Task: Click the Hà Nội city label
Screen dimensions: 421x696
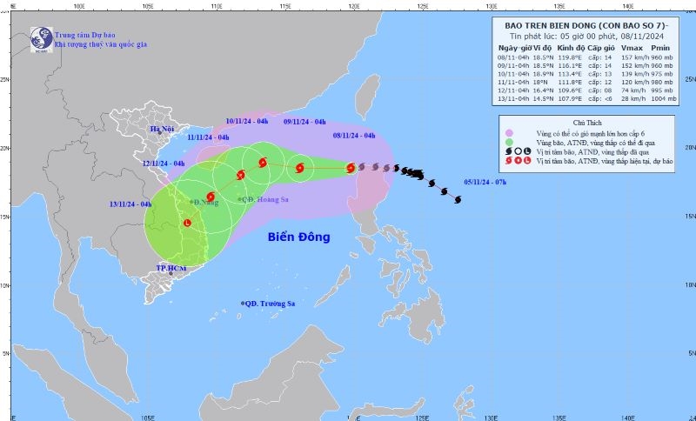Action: (x=162, y=130)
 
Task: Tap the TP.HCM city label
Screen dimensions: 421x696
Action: (x=172, y=269)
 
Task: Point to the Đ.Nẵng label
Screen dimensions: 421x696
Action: (x=205, y=202)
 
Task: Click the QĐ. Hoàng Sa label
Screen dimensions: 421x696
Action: (x=266, y=199)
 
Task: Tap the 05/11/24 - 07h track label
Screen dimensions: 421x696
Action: (x=485, y=182)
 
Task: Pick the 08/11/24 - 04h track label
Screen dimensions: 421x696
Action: (x=354, y=136)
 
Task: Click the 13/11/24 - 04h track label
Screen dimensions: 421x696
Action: (x=130, y=204)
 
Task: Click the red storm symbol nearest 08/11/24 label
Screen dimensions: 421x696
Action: (x=351, y=168)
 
